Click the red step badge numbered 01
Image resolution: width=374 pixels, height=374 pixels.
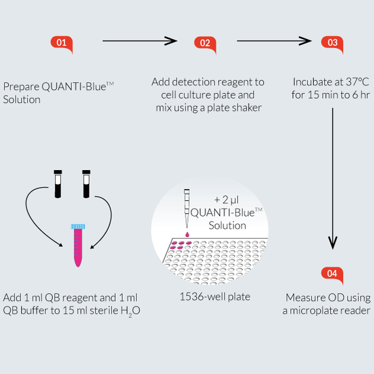point(62,43)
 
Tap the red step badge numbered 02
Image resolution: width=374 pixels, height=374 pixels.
point(205,43)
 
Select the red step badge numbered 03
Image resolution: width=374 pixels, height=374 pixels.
point(332,43)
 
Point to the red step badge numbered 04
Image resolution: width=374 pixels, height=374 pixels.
point(332,274)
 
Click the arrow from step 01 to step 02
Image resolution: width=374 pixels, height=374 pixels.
point(140,41)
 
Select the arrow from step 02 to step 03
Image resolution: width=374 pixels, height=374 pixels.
point(274,41)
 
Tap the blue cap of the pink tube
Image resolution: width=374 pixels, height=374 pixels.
point(77,226)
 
